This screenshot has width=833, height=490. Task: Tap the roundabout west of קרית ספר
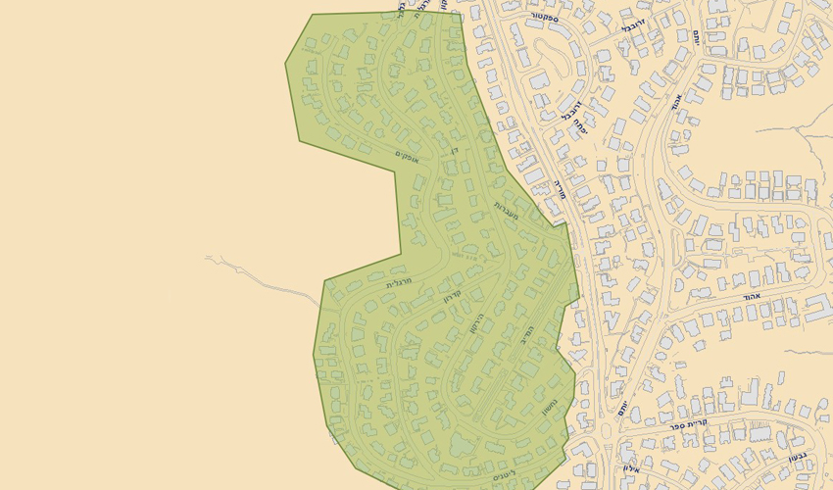605,430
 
